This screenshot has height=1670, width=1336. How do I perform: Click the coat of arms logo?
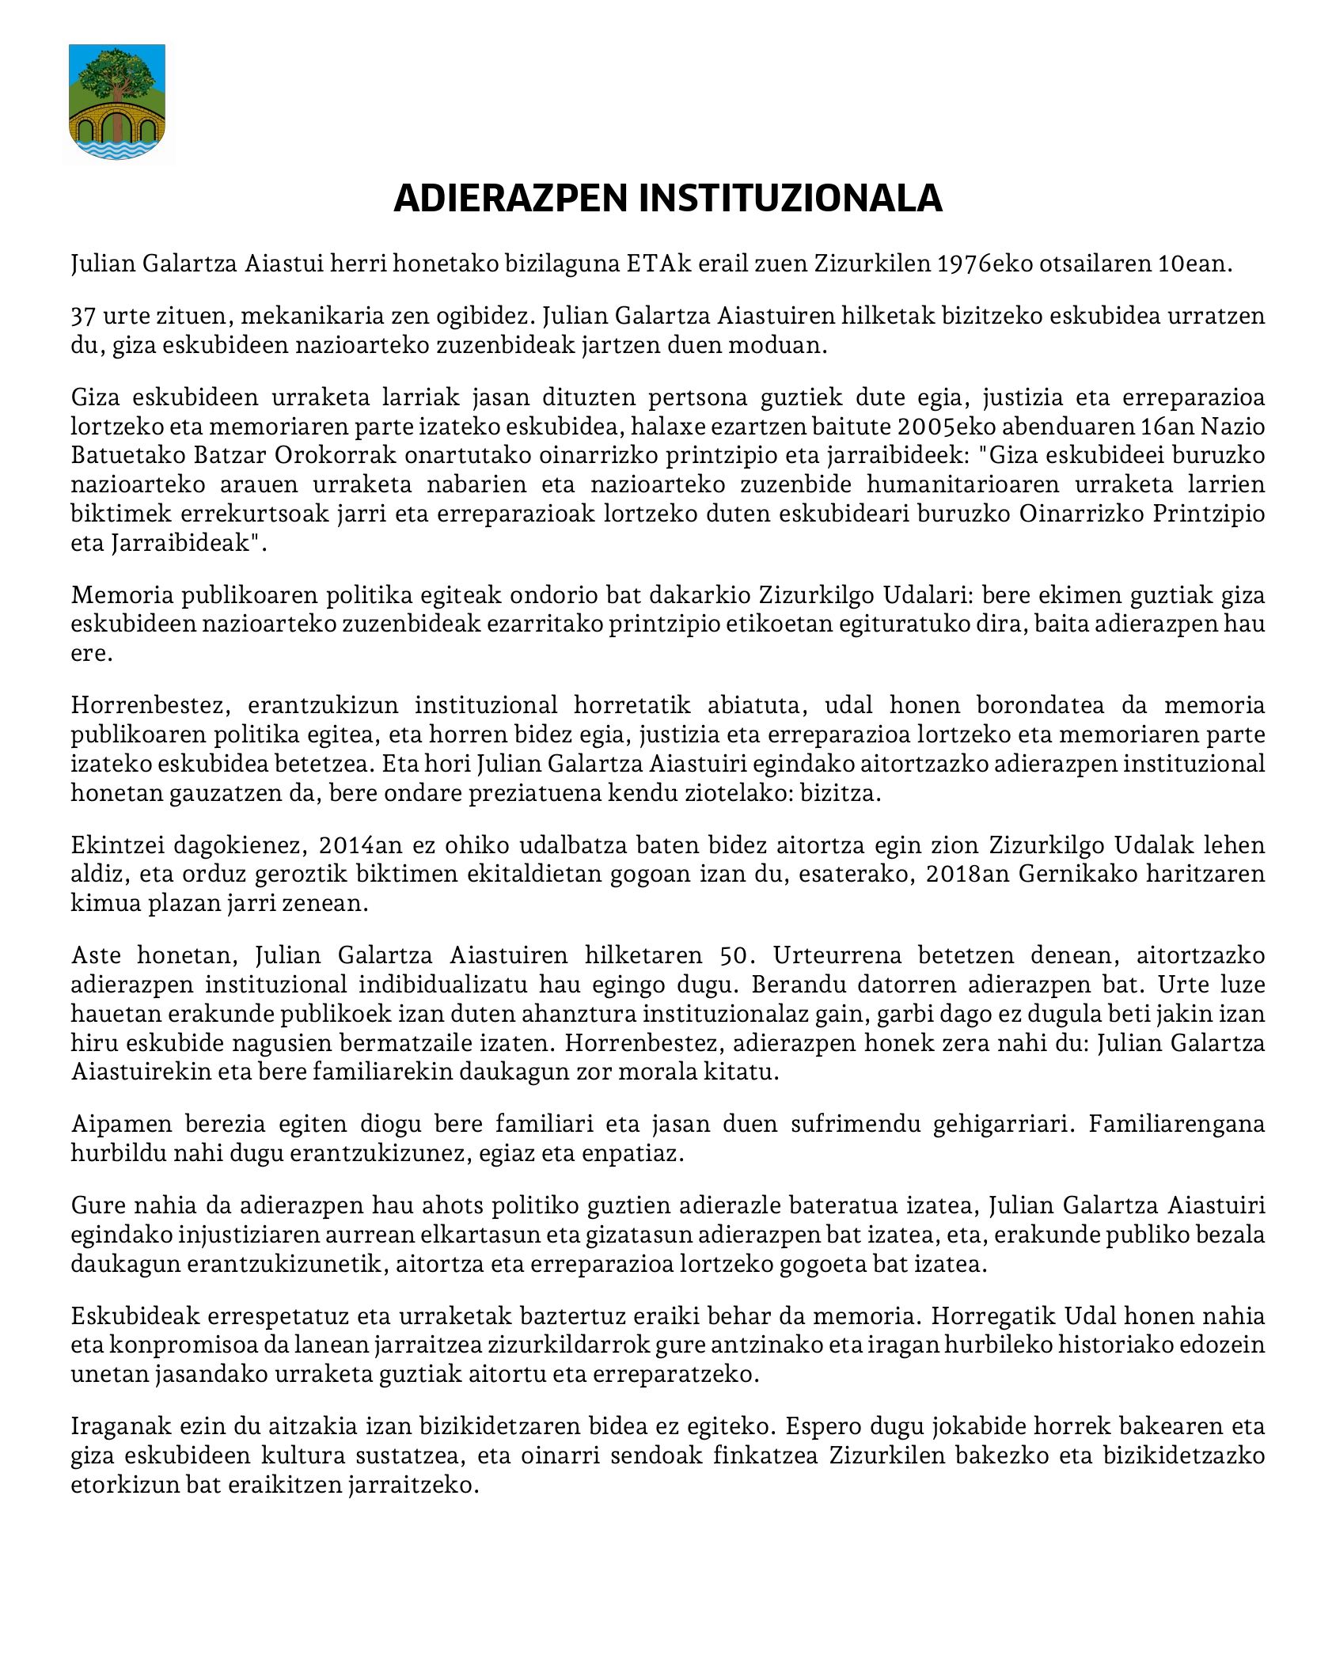[x=117, y=102]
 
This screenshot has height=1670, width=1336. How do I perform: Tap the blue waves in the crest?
[x=117, y=148]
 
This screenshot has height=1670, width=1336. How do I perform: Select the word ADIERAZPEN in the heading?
[x=510, y=199]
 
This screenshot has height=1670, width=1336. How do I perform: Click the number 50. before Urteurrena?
[x=734, y=955]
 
